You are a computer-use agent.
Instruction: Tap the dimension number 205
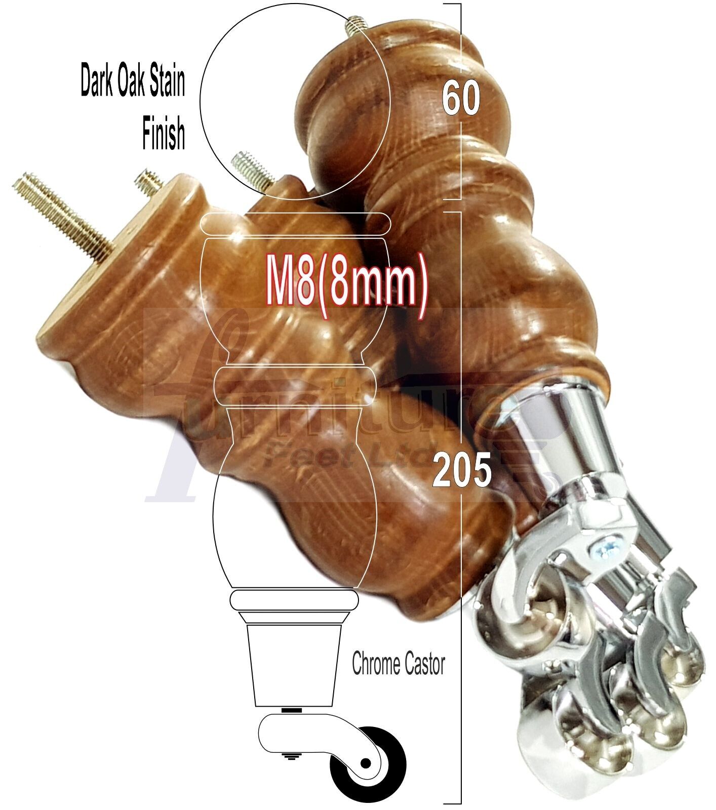coord(462,470)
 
